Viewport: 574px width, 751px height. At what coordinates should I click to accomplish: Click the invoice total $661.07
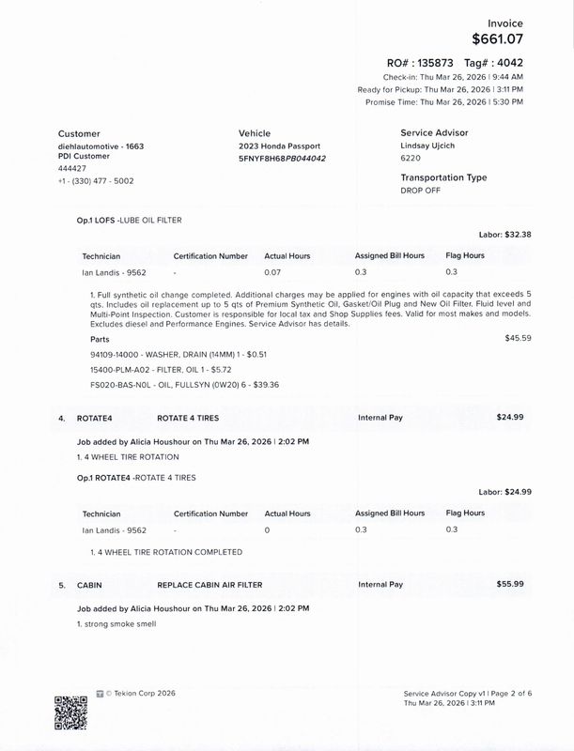point(497,38)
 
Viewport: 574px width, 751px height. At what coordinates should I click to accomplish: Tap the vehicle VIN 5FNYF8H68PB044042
point(282,159)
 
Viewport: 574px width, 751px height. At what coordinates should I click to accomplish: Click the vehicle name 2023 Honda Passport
point(279,146)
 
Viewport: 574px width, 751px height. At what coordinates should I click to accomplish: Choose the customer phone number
point(95,181)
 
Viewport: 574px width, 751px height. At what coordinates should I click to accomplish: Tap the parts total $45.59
point(518,337)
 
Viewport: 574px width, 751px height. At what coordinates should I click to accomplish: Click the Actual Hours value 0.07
point(272,272)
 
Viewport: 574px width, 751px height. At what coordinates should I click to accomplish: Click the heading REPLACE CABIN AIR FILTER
point(209,585)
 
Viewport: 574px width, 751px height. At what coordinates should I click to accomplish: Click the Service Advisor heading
point(434,133)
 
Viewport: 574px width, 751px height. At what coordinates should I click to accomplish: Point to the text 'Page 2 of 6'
point(508,693)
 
